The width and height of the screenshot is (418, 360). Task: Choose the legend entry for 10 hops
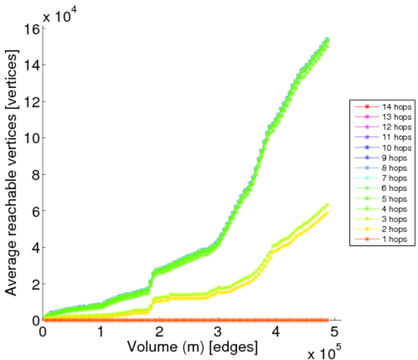pyautogui.click(x=382, y=147)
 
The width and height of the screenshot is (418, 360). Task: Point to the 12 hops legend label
pyautogui.click(x=382, y=127)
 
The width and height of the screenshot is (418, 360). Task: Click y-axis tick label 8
pyautogui.click(x=34, y=174)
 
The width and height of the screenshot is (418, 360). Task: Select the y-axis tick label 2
pyautogui.click(x=34, y=284)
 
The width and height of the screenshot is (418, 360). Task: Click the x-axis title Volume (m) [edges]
pyautogui.click(x=192, y=346)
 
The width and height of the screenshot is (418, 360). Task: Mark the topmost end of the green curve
pyautogui.click(x=327, y=40)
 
